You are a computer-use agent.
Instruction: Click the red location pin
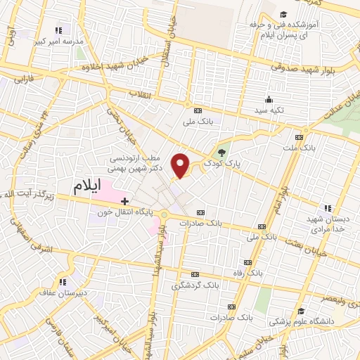tap(181, 165)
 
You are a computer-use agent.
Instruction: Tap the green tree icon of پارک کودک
tap(222, 151)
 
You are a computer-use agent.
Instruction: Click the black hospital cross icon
tap(124, 201)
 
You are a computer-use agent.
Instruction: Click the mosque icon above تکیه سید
tap(269, 99)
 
